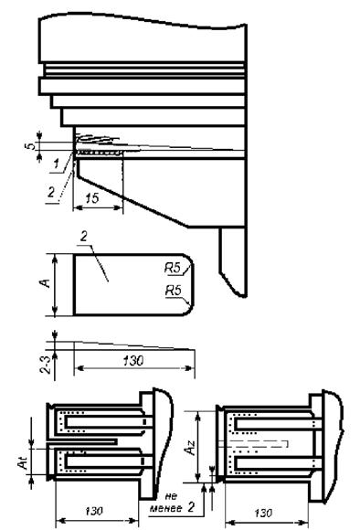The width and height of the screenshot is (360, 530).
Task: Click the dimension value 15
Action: (91, 198)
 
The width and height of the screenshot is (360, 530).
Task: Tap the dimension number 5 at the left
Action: (31, 146)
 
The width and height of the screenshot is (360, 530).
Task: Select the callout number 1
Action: (56, 164)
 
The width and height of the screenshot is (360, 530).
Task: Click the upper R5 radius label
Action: (173, 269)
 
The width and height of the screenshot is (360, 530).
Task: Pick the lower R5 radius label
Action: (173, 291)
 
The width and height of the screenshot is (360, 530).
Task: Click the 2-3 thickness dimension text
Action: (46, 364)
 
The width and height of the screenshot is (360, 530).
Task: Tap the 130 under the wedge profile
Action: (132, 361)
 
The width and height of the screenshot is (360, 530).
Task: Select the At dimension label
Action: (23, 462)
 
